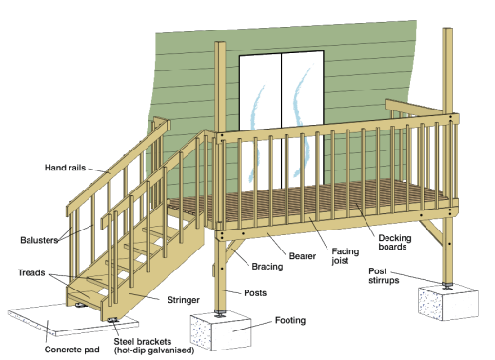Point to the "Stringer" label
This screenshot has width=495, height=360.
[183, 300]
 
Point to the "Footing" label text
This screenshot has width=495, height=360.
[291, 322]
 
